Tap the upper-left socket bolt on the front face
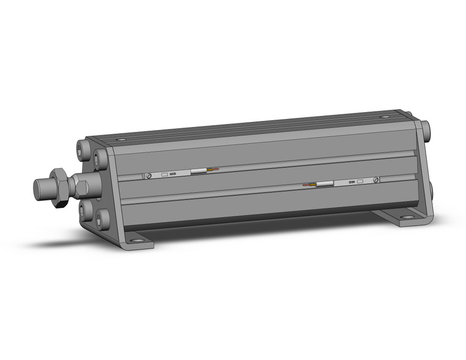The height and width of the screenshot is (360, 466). [x=82, y=149]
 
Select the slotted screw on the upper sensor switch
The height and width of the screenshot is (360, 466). [x=149, y=175]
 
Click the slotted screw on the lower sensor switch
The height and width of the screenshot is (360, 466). [x=376, y=180]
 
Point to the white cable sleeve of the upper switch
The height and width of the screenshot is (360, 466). [x=199, y=171]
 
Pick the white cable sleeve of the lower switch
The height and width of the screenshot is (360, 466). [x=324, y=183]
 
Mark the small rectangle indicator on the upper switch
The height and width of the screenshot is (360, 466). [x=164, y=174]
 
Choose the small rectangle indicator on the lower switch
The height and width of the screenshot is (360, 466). [x=361, y=181]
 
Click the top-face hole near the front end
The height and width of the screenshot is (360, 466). [x=121, y=139]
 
